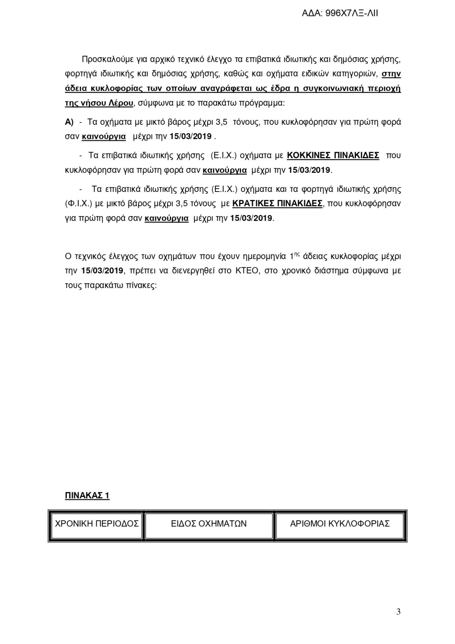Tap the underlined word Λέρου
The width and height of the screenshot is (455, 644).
point(122,103)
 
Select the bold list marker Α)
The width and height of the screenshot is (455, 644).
point(69,122)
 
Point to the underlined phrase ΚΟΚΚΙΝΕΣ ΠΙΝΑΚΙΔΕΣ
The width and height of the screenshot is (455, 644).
point(333,156)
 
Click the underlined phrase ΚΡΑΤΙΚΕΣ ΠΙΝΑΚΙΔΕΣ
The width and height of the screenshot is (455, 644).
point(277,203)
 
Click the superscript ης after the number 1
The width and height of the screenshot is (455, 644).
point(297,254)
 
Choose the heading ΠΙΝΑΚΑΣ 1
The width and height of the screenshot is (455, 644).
point(87,496)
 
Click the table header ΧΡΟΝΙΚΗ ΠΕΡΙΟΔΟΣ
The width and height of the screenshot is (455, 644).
point(97,524)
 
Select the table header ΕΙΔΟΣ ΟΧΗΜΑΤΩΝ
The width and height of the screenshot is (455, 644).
point(209,524)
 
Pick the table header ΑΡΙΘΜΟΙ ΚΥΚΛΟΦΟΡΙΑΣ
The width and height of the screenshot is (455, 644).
point(340,524)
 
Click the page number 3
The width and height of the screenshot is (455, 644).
point(398,611)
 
